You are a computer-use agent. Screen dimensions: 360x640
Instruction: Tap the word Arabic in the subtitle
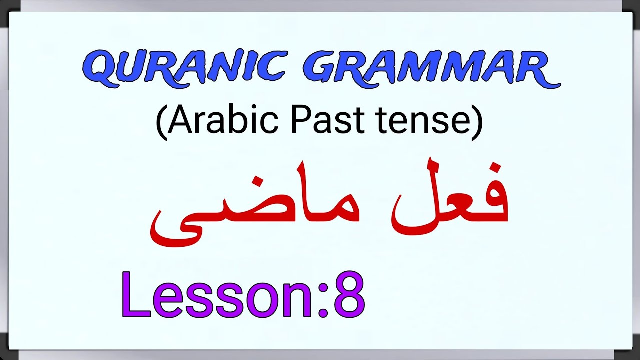point(220,121)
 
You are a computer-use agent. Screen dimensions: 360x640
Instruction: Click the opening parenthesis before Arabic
point(161,123)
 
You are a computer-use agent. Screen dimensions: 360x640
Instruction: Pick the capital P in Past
point(300,121)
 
